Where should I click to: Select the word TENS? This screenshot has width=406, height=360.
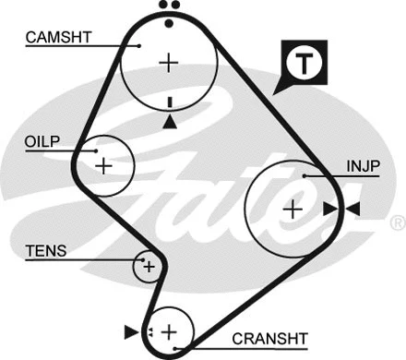pyautogui.click(x=42, y=249)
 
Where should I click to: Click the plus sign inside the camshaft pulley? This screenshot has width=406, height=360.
pyautogui.click(x=168, y=63)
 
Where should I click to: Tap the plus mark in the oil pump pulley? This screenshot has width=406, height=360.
pyautogui.click(x=103, y=166)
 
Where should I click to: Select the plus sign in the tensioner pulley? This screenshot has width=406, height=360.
pyautogui.click(x=147, y=267)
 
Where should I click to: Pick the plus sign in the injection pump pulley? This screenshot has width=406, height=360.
pyautogui.click(x=293, y=209)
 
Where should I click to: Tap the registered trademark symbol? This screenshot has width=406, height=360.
pyautogui.click(x=397, y=222)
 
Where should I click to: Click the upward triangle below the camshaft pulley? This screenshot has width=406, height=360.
pyautogui.click(x=169, y=121)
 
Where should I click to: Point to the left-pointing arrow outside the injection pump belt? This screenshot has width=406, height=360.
pyautogui.click(x=352, y=210)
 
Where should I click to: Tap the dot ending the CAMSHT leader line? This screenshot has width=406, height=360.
pyautogui.click(x=138, y=44)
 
